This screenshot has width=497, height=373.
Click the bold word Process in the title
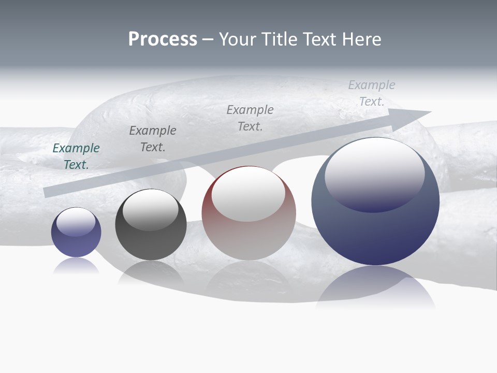163,39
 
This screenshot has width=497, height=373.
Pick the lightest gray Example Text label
372,93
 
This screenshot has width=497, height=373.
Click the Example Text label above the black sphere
153,139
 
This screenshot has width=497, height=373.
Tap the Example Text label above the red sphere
250,118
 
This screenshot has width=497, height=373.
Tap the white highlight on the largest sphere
375,174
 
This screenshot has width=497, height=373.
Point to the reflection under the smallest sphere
76,265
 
